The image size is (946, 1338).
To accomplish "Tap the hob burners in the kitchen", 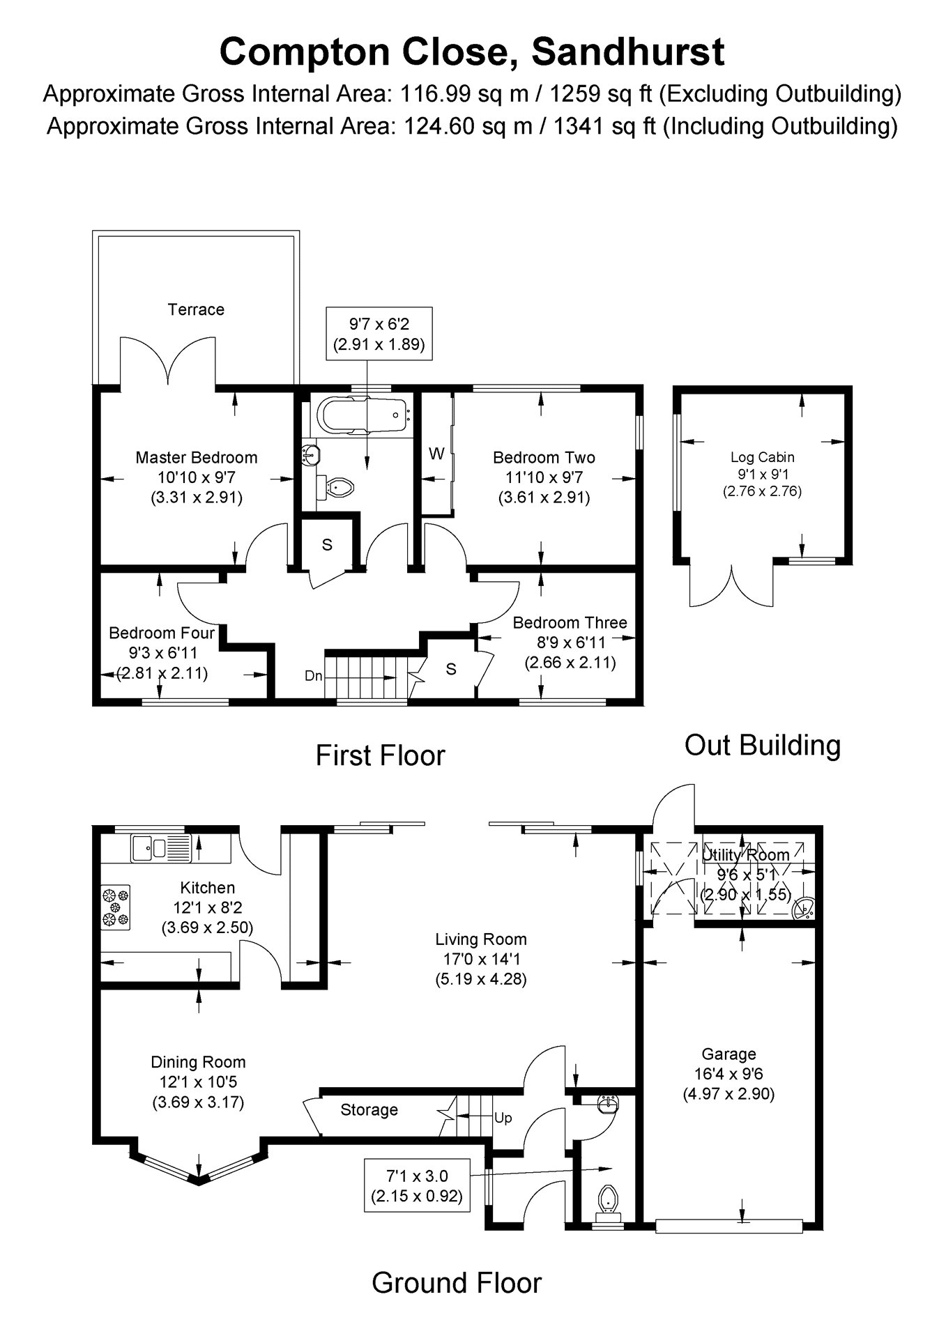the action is tap(116, 907).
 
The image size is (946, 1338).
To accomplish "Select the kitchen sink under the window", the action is tap(160, 847).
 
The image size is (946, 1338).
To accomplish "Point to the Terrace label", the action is tap(196, 309).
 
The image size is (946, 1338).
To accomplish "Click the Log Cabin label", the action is tap(762, 457).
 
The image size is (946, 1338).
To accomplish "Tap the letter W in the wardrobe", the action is tap(436, 454).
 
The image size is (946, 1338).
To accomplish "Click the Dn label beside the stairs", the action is tap(314, 675).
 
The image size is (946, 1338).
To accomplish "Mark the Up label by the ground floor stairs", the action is tap(503, 1118).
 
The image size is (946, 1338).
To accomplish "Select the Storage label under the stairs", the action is tap(369, 1109).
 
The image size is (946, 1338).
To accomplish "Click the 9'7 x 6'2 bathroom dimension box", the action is tap(379, 333).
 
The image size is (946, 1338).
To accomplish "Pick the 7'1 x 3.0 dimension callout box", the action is tap(418, 1185).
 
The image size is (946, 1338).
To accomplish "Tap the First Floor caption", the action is tap(380, 755).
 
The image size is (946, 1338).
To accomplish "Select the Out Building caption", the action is tap(763, 745).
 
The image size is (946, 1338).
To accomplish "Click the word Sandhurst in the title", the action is tap(628, 52).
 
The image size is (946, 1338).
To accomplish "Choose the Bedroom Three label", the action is tap(570, 622).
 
